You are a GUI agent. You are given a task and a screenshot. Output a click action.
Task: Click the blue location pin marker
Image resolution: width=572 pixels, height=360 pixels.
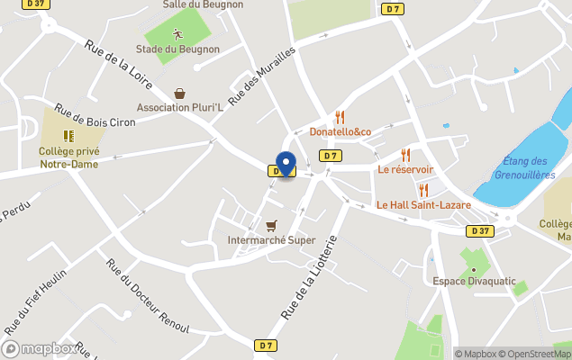[286, 164]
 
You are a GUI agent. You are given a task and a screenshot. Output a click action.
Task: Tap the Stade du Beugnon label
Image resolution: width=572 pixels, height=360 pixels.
[177, 49]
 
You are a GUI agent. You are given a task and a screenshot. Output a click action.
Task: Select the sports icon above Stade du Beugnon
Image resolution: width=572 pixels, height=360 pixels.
[177, 34]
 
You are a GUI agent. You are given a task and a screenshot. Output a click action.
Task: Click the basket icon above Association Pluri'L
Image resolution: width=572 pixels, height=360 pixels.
[180, 94]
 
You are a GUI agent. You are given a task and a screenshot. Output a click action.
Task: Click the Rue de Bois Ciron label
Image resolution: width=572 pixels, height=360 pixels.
[95, 121]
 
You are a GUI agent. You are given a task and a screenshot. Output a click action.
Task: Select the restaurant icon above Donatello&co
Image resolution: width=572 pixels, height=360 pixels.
[340, 117]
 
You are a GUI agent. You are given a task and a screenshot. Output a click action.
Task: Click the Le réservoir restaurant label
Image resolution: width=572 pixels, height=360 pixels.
[405, 169]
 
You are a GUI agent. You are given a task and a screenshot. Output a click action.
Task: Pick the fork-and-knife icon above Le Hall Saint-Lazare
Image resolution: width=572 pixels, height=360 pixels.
[423, 189]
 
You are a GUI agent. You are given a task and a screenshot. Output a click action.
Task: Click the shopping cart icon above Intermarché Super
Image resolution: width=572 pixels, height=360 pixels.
[271, 225]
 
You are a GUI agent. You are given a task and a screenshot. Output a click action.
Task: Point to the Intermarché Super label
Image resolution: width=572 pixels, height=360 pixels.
[271, 240]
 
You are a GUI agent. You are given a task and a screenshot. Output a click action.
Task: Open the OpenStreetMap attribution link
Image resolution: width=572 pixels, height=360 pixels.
[534, 354]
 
